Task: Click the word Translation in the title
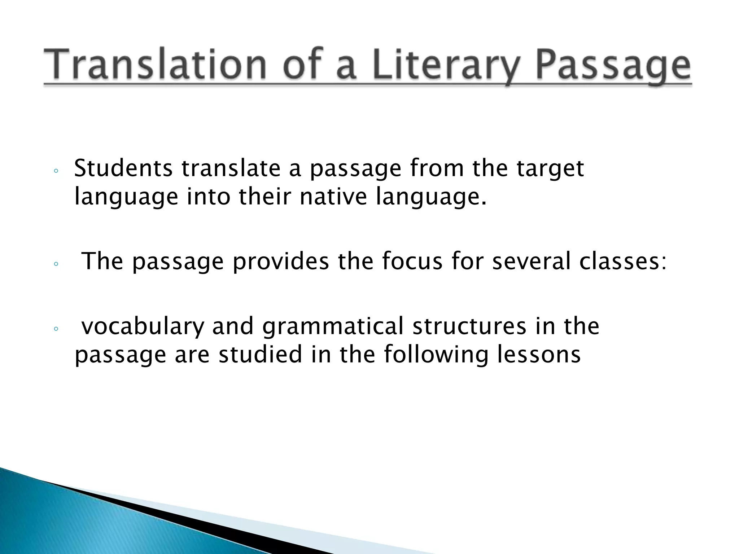[155, 65]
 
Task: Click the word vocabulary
[143, 327]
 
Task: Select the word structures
[469, 326]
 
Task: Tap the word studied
[260, 354]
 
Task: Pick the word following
[435, 355]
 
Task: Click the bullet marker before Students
[56, 172]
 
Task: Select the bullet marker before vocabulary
[56, 329]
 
